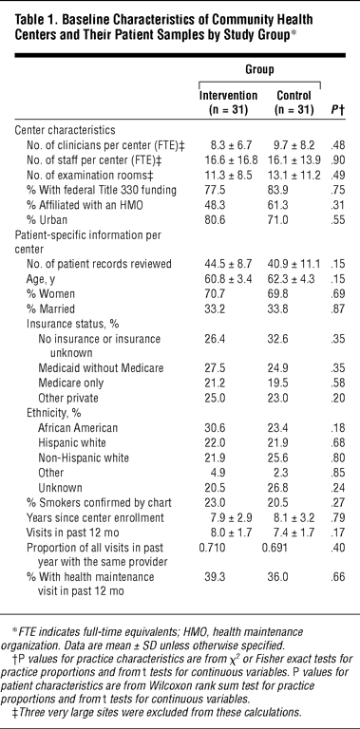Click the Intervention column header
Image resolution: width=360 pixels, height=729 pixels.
[228, 103]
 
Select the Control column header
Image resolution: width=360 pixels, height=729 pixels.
[293, 103]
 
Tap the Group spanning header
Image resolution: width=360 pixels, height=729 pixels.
[259, 69]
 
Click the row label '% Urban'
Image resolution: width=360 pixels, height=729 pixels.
[46, 219]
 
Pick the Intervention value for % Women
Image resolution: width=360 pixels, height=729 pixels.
[214, 294]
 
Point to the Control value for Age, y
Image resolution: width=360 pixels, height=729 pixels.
[294, 279]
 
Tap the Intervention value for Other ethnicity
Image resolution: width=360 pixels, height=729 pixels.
[211, 473]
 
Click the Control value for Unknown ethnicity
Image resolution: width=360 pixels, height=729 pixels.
[285, 487]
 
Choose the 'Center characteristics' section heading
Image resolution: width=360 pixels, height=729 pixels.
[66, 130]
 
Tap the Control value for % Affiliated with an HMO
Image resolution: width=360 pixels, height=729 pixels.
[285, 205]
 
